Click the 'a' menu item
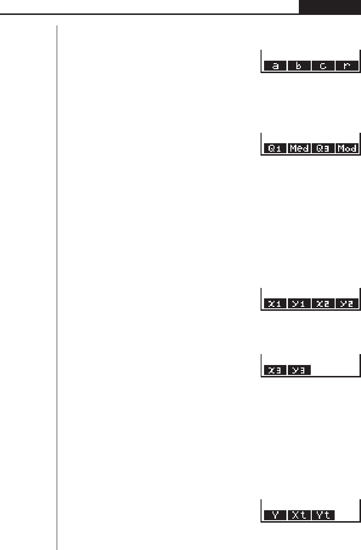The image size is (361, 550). tap(274, 66)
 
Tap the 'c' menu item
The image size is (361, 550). tap(323, 66)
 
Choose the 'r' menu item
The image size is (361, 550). tap(347, 66)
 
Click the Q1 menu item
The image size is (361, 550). tap(274, 149)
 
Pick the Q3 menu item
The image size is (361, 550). tap(323, 149)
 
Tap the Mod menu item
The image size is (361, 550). tap(347, 149)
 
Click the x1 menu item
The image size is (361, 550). tap(274, 304)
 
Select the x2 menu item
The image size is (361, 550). tap(323, 304)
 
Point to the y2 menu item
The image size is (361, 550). tap(347, 304)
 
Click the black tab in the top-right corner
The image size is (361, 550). tap(330, 6)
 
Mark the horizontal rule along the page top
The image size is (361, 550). tap(149, 13)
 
